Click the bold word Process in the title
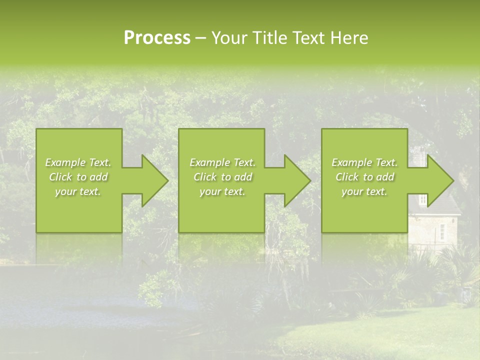[x=157, y=38]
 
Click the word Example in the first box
[x=65, y=162]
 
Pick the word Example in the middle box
[x=209, y=162]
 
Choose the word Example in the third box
[x=351, y=162]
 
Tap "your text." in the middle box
[x=222, y=191]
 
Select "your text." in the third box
[x=364, y=191]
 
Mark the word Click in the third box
[x=347, y=177]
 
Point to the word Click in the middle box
[x=205, y=177]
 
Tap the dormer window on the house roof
[x=423, y=199]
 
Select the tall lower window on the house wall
[x=442, y=231]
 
